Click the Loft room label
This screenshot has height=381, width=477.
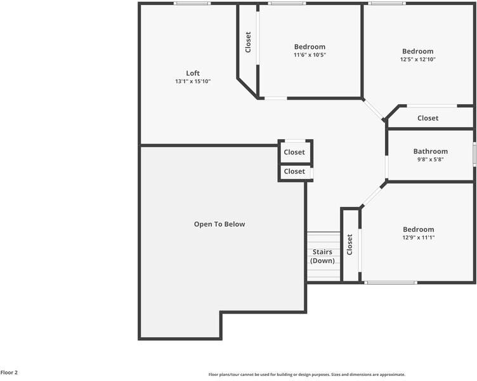pyautogui.click(x=193, y=73)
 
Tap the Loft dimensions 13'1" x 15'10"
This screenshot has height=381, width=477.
pyautogui.click(x=193, y=81)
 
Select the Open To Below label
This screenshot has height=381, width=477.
pyautogui.click(x=219, y=224)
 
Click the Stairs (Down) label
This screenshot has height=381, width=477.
pyautogui.click(x=322, y=257)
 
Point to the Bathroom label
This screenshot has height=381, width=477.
pyautogui.click(x=430, y=151)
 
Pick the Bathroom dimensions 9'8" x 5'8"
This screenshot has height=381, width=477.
pyautogui.click(x=430, y=159)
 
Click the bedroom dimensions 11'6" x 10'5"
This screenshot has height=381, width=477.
pyautogui.click(x=310, y=55)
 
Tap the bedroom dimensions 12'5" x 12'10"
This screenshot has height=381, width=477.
pyautogui.click(x=417, y=59)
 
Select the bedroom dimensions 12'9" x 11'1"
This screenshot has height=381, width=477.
pyautogui.click(x=418, y=237)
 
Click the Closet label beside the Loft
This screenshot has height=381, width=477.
pyautogui.click(x=248, y=43)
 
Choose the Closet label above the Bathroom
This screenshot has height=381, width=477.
pyautogui.click(x=428, y=118)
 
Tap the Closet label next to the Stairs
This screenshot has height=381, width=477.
pyautogui.click(x=350, y=244)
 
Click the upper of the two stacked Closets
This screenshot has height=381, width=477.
pyautogui.click(x=294, y=152)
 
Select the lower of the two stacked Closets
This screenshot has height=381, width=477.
pyautogui.click(x=294, y=171)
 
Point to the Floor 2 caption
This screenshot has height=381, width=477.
pyautogui.click(x=9, y=373)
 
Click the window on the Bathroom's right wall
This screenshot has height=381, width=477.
pyautogui.click(x=474, y=154)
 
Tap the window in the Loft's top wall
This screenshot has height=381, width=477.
pyautogui.click(x=192, y=4)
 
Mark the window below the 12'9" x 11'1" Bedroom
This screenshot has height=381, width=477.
pyautogui.click(x=390, y=283)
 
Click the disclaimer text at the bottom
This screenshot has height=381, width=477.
pyautogui.click(x=306, y=375)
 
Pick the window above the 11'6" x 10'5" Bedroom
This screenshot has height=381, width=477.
pyautogui.click(x=287, y=4)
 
